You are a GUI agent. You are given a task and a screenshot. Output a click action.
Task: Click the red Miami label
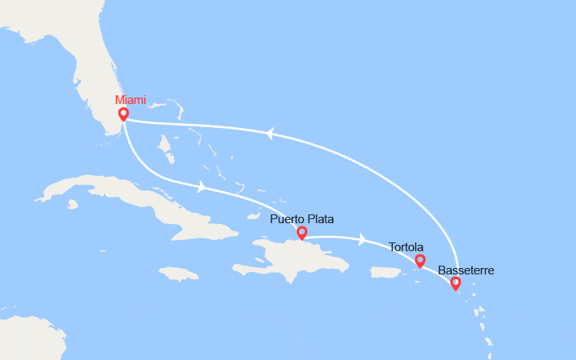(x=130, y=100)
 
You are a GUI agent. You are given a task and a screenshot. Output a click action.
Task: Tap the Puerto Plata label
(x=302, y=219)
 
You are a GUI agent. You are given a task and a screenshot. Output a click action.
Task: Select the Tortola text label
(x=406, y=247)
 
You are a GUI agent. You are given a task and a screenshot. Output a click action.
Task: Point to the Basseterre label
(x=466, y=270)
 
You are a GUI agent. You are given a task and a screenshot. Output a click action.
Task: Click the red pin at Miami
(x=123, y=114)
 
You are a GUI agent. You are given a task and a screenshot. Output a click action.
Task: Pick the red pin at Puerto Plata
(x=302, y=233)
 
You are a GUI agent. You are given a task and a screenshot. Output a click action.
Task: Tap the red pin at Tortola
(x=420, y=260)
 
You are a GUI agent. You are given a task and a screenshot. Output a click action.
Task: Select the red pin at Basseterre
(x=455, y=282)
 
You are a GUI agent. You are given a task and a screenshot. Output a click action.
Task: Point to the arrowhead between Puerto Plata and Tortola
(x=363, y=238)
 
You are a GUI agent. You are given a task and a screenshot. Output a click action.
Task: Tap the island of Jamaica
(x=179, y=274)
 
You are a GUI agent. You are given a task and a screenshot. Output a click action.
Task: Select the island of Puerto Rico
(x=385, y=273)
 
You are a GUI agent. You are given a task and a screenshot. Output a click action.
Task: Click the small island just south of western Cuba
(x=73, y=204)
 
